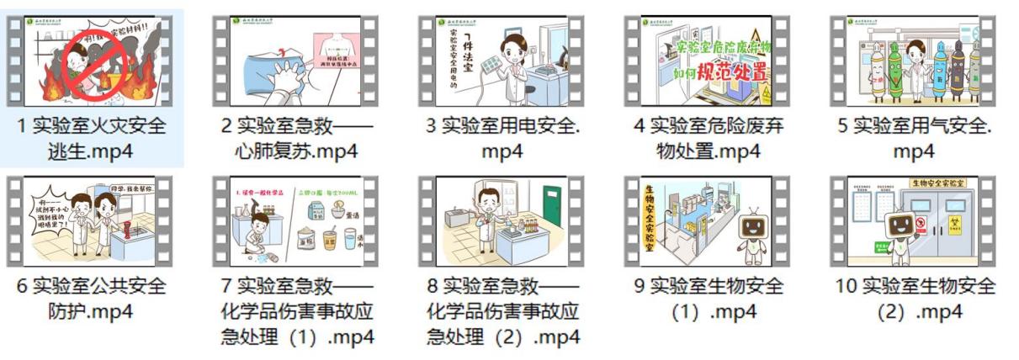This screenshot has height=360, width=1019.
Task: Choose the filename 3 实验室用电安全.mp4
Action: [502, 139]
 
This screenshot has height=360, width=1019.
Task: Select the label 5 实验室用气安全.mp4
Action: [914, 139]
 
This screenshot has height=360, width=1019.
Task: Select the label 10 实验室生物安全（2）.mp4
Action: [914, 299]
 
